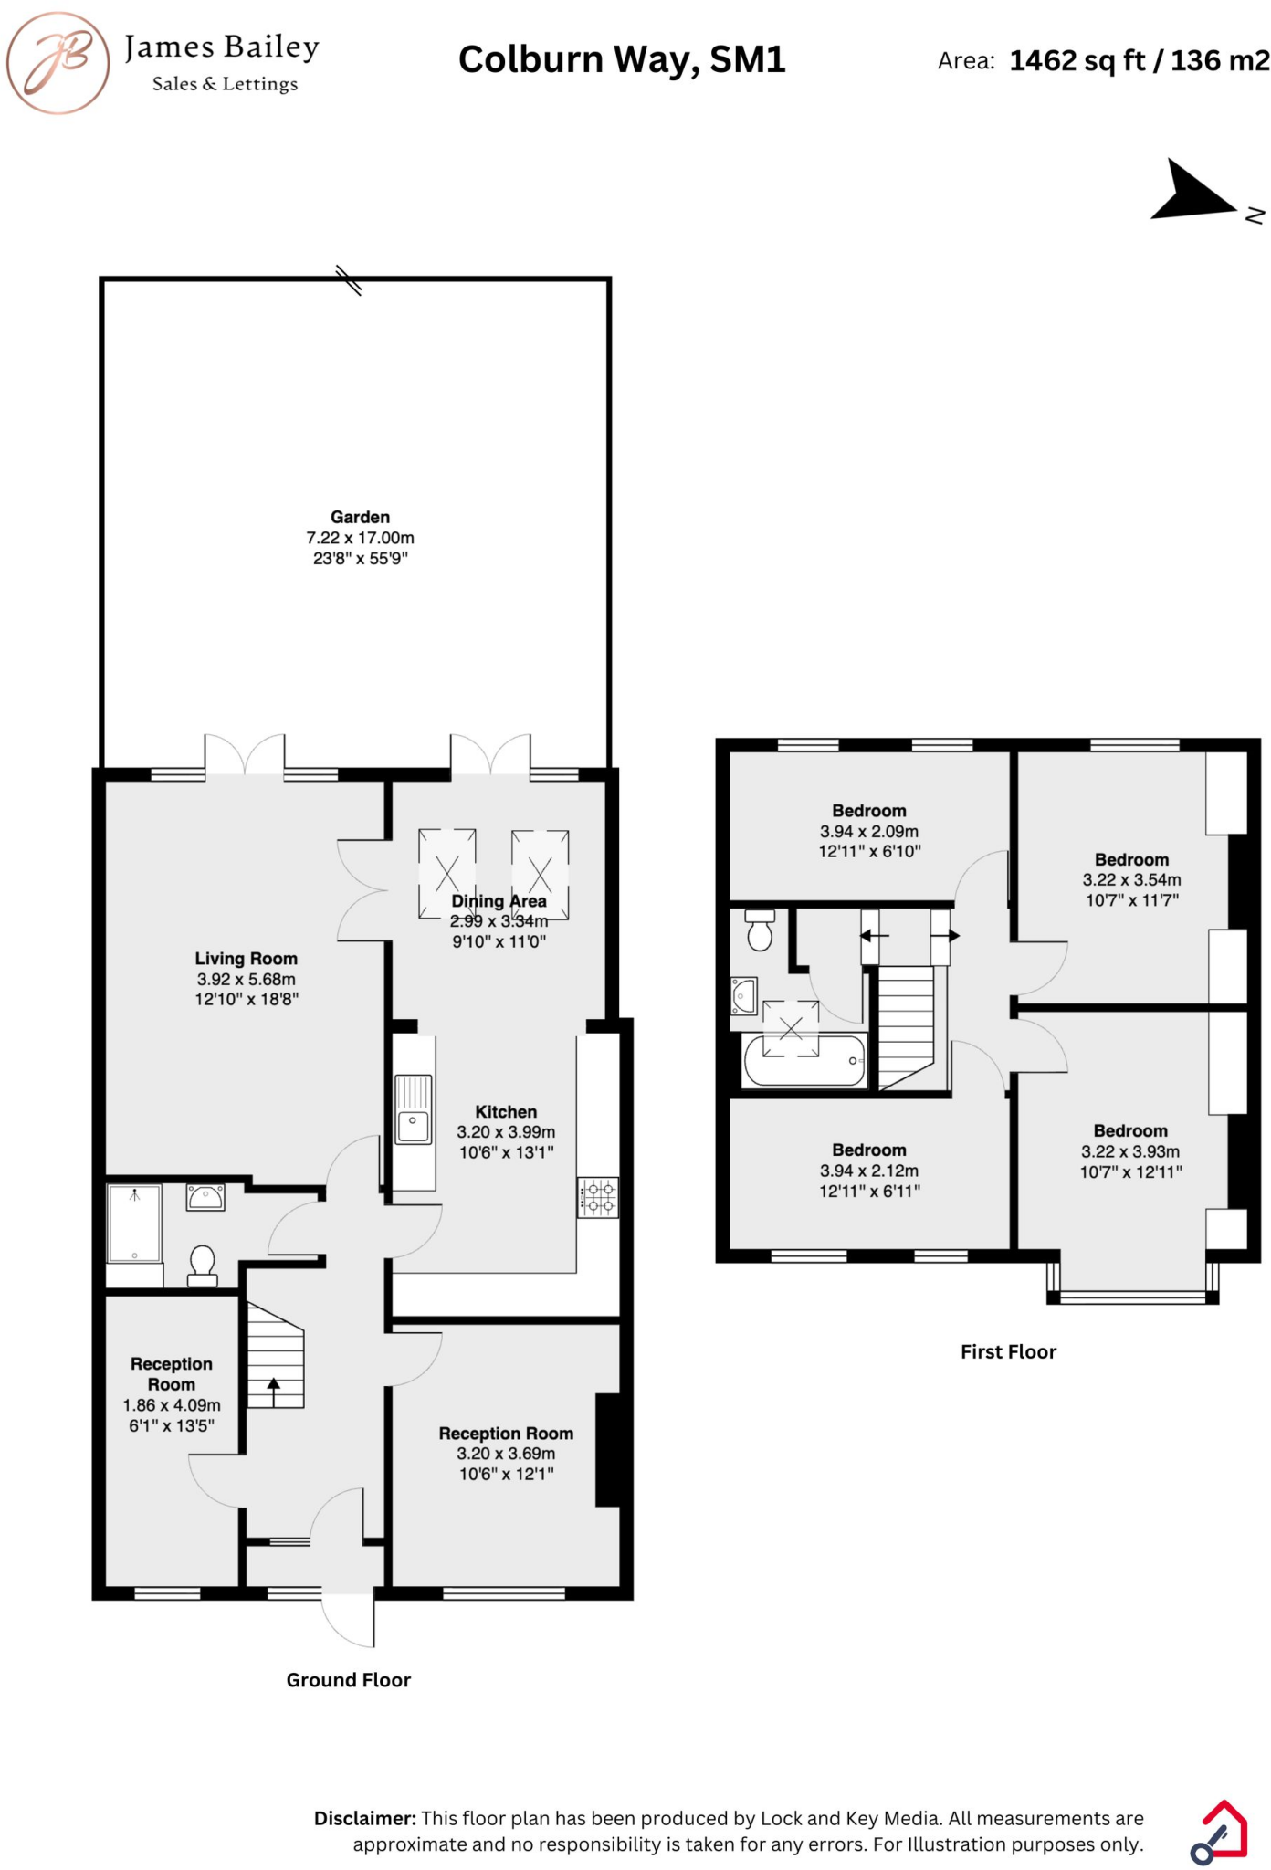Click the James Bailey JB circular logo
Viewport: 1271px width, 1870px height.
click(58, 63)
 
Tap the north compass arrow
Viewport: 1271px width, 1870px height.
click(1192, 194)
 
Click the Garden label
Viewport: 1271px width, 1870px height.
click(360, 517)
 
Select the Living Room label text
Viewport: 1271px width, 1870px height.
click(246, 959)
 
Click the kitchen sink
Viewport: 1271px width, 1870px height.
click(413, 1108)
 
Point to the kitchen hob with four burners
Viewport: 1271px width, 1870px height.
click(598, 1197)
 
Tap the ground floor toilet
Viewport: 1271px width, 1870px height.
click(203, 1265)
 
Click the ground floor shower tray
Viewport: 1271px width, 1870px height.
click(134, 1224)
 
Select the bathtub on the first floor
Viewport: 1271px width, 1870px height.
click(804, 1061)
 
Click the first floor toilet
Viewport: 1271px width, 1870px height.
click(760, 930)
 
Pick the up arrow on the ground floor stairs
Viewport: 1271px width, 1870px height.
click(274, 1392)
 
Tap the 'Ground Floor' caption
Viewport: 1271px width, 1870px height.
click(349, 1680)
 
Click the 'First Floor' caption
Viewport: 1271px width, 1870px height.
click(1008, 1352)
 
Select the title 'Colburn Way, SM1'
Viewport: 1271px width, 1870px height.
click(622, 60)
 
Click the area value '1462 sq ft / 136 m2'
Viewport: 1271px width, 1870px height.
click(1139, 61)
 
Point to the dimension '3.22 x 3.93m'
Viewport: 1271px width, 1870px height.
click(1130, 1151)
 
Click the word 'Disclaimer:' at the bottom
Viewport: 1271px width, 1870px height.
click(364, 1818)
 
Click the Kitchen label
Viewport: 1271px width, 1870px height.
click(506, 1112)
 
